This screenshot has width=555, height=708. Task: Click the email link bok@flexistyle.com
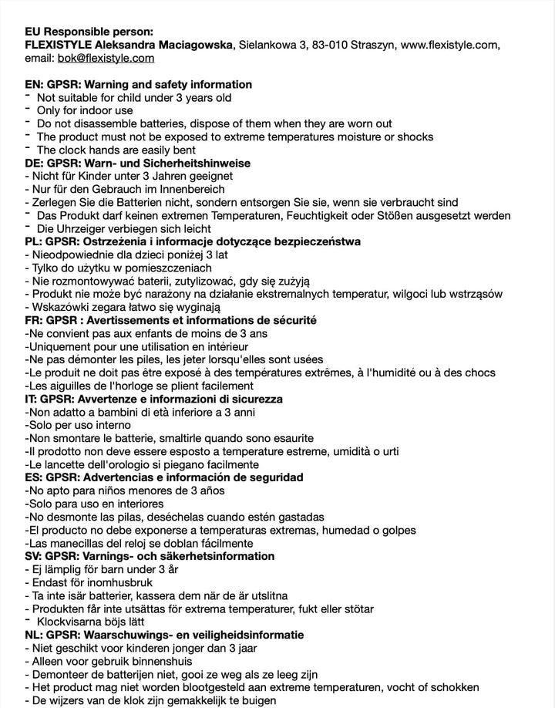pos(106,58)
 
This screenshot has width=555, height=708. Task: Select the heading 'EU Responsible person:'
pos(89,32)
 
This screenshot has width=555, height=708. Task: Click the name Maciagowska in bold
pos(192,45)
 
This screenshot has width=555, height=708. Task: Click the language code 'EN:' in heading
pos(34,84)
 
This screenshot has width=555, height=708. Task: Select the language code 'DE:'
pos(34,163)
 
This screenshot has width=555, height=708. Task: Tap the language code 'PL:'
pos(34,241)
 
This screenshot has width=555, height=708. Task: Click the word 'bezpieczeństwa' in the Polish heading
pos(316,241)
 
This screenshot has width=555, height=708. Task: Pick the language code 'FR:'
pos(34,320)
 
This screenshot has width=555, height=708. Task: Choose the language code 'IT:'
pos(32,399)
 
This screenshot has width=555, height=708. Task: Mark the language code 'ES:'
pos(34,477)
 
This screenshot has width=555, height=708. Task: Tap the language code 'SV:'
pos(34,556)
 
